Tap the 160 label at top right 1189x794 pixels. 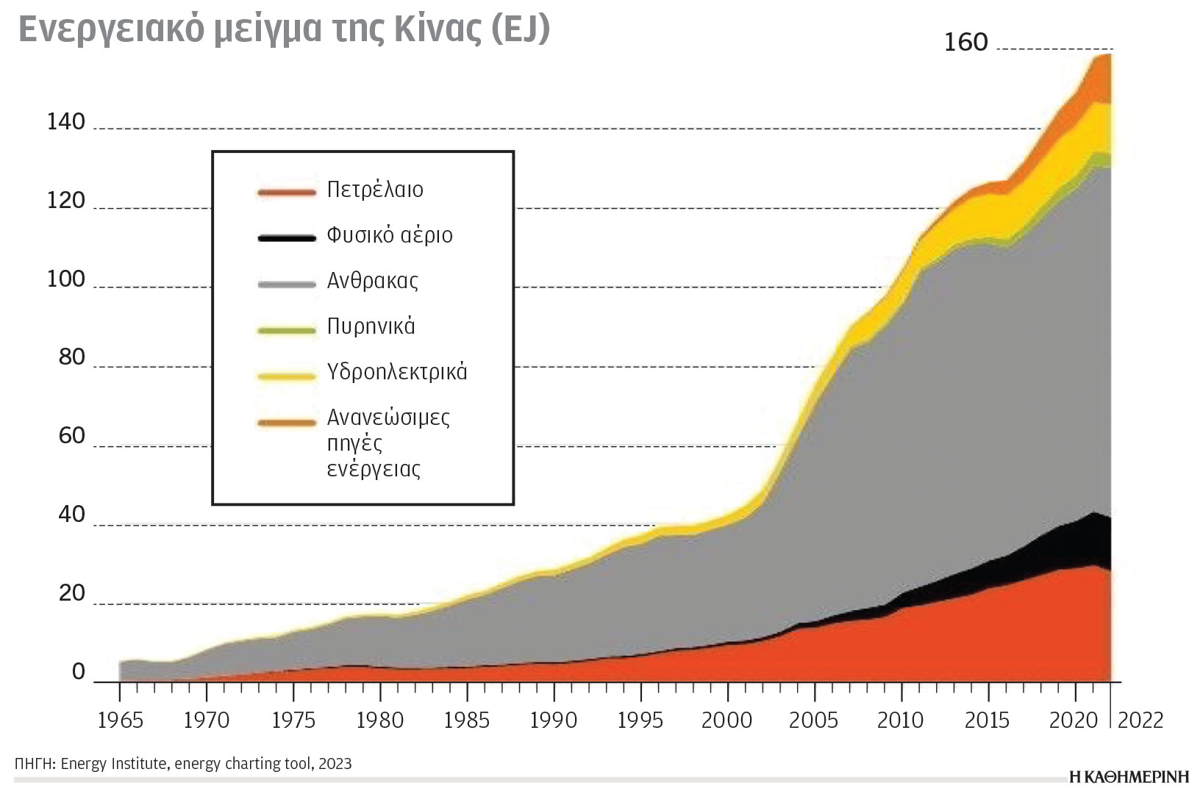pos(965,43)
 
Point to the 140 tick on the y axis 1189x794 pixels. pos(66,122)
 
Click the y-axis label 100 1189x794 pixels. pos(66,279)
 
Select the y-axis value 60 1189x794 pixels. pos(71,436)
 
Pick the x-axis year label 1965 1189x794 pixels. pos(121,720)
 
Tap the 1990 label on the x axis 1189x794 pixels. pos(554,720)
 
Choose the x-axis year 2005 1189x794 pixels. pos(813,720)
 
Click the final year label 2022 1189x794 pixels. pos(1140,720)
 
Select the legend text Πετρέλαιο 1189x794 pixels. pos(375,190)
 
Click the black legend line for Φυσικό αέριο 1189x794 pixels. pos(287,237)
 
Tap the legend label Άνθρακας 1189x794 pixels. pos(372,281)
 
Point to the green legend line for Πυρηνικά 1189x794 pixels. pos(287,330)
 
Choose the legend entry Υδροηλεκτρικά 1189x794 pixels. pos(397,372)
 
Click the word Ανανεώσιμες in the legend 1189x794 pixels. pos(388,418)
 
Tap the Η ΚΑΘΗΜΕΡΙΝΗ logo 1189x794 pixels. pos(1128,776)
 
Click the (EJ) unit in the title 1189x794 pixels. pos(520,29)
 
